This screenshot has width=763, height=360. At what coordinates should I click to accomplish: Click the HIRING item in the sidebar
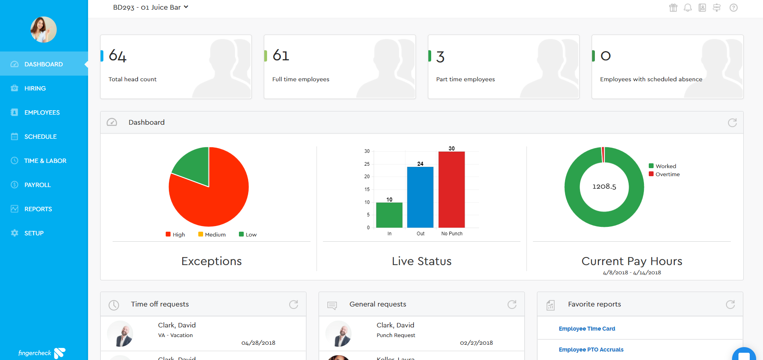click(35, 88)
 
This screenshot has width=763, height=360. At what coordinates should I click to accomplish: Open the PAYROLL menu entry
click(37, 185)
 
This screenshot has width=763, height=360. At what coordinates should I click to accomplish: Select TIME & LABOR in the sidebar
click(45, 161)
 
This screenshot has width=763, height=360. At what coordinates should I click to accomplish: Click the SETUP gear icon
click(14, 233)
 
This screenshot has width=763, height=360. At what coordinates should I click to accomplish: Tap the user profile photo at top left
click(43, 30)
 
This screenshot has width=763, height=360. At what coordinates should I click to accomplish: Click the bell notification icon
click(688, 8)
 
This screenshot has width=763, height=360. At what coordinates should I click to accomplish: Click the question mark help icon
click(734, 8)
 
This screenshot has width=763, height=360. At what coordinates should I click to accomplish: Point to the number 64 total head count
click(117, 56)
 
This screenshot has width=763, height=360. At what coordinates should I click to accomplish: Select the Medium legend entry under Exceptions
click(212, 235)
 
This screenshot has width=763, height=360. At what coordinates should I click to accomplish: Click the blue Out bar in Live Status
click(420, 197)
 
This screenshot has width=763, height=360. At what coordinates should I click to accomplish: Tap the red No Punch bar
click(451, 189)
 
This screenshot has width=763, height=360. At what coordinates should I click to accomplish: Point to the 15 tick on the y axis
click(367, 189)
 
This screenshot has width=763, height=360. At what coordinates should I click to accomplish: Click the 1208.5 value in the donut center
click(604, 187)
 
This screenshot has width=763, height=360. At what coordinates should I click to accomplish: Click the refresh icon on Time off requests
click(294, 304)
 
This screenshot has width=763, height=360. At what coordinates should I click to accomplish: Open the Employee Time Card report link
click(587, 329)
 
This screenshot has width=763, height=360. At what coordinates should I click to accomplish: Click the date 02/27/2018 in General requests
click(476, 343)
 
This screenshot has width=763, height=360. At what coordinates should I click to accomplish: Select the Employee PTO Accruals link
click(591, 350)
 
